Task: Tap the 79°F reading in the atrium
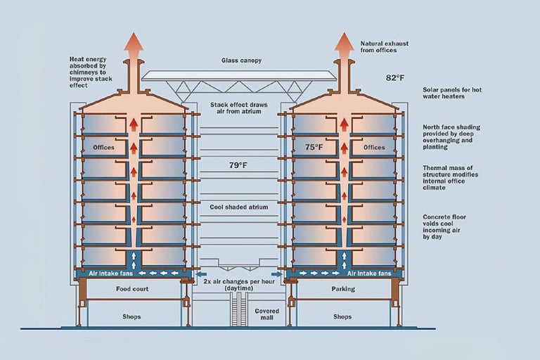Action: tap(238, 165)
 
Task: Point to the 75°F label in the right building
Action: tap(314, 147)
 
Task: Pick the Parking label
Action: tap(342, 288)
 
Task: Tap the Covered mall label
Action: tap(267, 314)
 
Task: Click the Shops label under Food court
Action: tap(131, 316)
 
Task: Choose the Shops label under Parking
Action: tap(342, 316)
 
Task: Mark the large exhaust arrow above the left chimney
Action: tap(133, 46)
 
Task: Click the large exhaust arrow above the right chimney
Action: tap(344, 46)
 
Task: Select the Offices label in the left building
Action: tap(103, 148)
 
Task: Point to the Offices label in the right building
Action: tap(374, 148)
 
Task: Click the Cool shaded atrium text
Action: tap(238, 207)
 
